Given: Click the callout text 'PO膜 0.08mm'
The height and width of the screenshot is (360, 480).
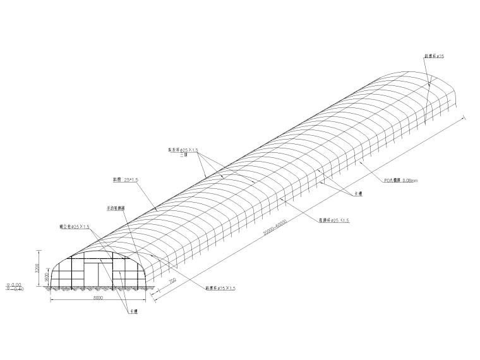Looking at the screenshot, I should [400, 180].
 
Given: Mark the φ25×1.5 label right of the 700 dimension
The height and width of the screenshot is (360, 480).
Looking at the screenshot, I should [220, 288].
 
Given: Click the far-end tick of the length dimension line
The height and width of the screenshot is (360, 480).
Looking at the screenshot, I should [465, 116].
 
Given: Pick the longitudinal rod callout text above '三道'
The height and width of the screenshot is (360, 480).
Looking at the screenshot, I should [183, 150].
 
